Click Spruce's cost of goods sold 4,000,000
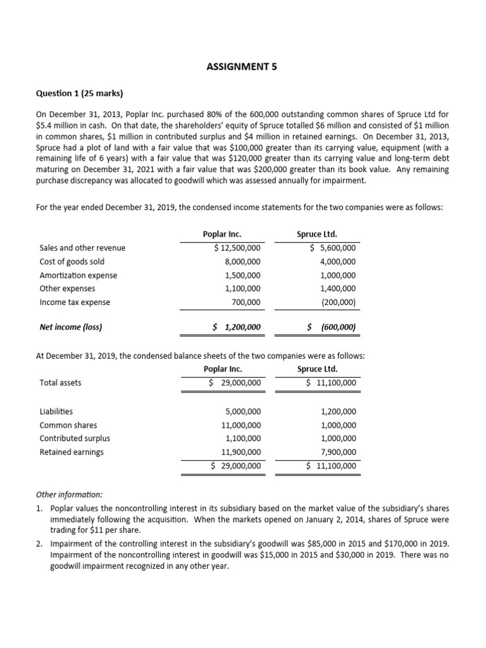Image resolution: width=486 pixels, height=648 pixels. [x=338, y=262]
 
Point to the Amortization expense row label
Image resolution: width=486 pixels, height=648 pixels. [x=78, y=276]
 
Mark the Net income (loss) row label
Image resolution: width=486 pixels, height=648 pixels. [x=71, y=328]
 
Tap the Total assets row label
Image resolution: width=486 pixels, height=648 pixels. [x=60, y=383]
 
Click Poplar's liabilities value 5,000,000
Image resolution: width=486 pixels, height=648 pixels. [x=242, y=412]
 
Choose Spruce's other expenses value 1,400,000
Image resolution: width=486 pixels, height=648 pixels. [x=338, y=289]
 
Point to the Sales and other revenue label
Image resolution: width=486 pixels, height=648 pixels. [x=82, y=248]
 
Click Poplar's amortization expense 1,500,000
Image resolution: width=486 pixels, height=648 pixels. [x=242, y=276]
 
